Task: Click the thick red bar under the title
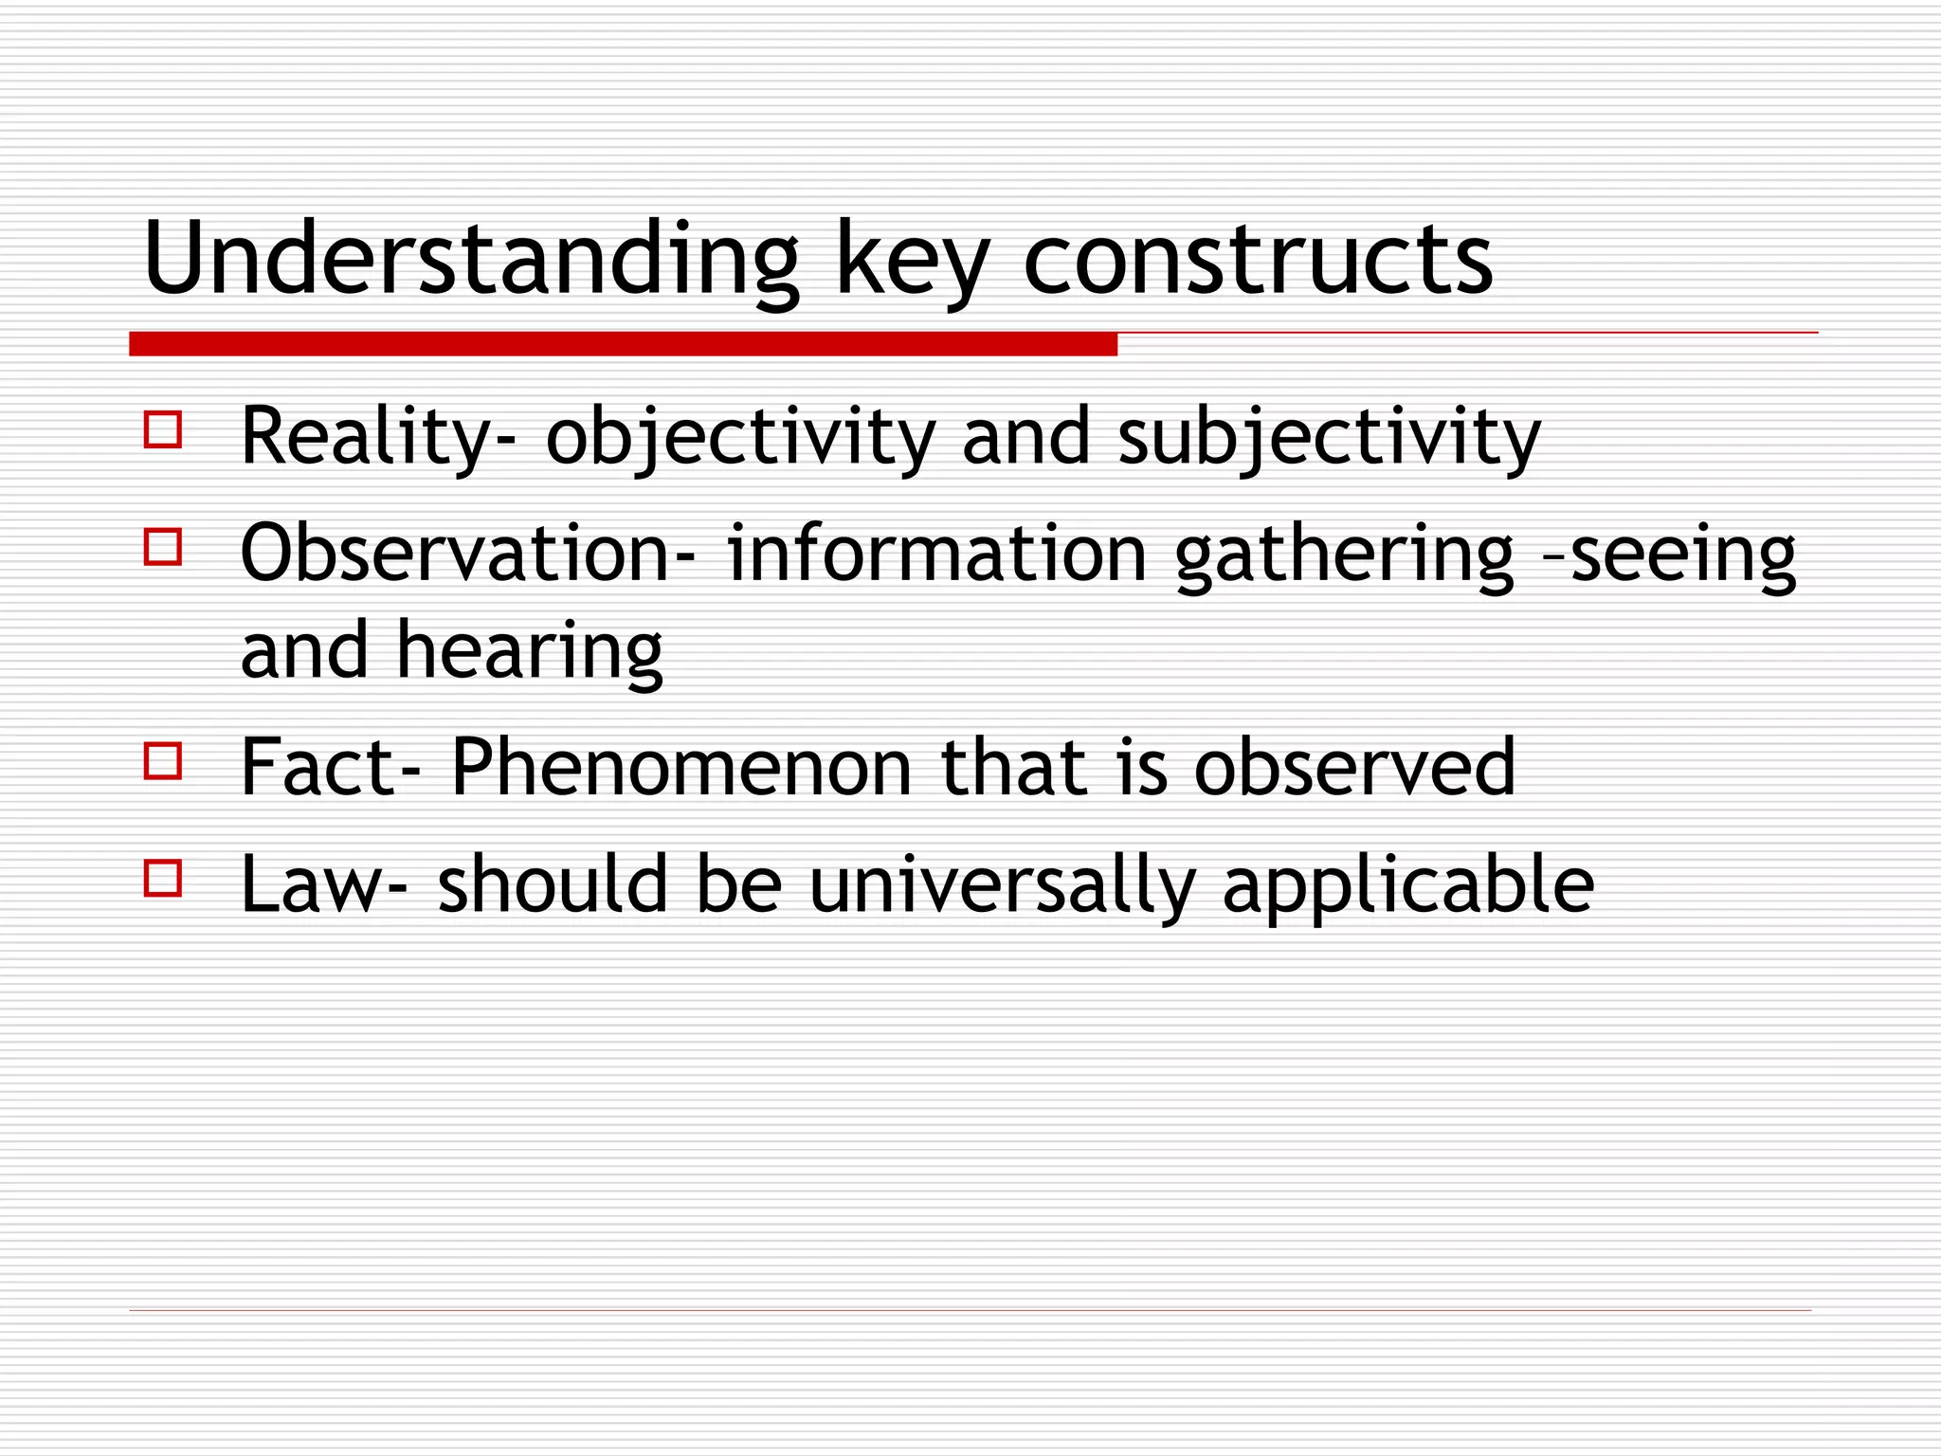(x=623, y=344)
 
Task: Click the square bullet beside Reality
(x=163, y=429)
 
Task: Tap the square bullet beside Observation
(x=163, y=547)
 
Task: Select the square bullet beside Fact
(x=163, y=761)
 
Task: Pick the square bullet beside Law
(x=163, y=879)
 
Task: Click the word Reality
(x=365, y=438)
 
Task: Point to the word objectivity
(x=740, y=438)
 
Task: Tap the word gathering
(x=1344, y=555)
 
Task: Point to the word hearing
(x=529, y=653)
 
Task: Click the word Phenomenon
(x=680, y=767)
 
